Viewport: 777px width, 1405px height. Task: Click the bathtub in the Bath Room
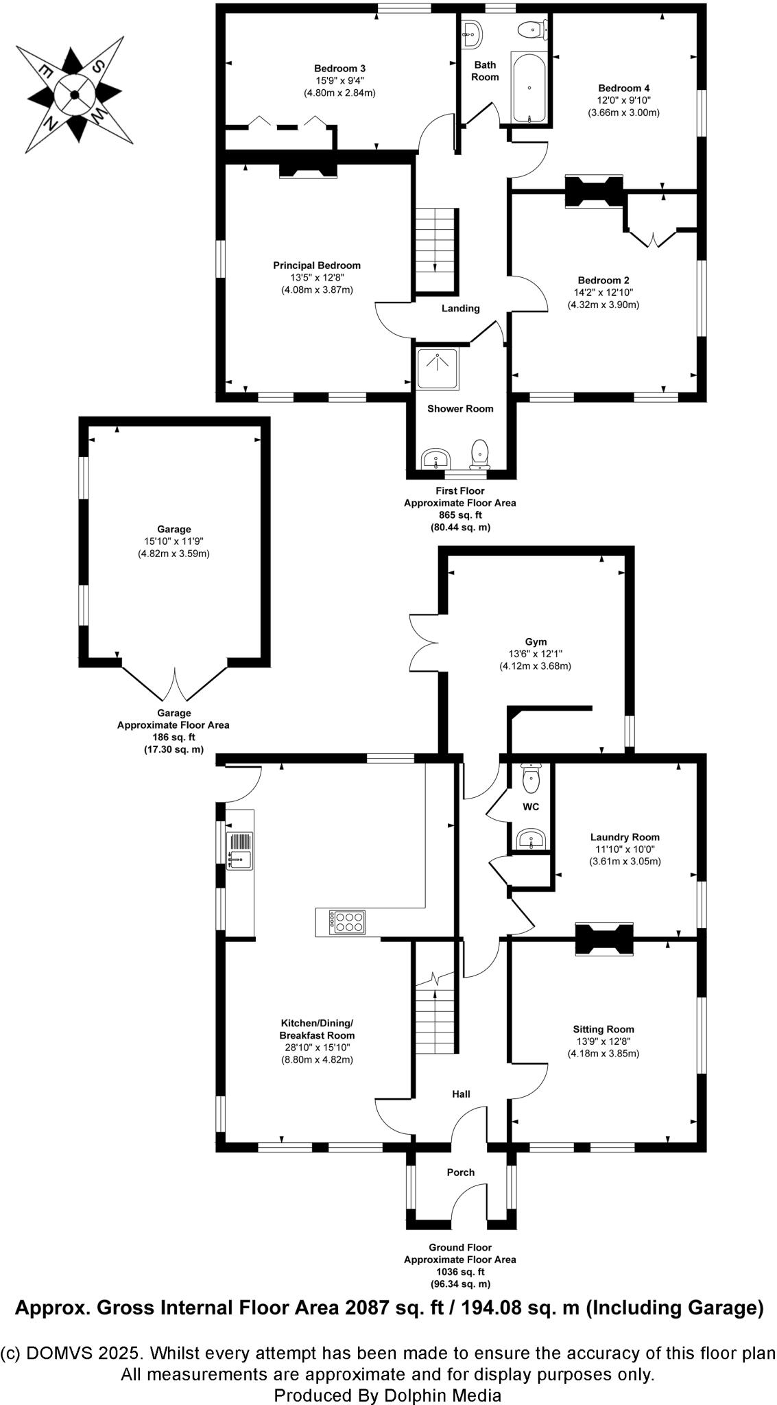pos(529,86)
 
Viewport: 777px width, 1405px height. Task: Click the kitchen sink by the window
pos(239,850)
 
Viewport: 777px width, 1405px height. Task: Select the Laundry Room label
pos(625,837)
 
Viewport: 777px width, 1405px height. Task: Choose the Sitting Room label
pos(603,1029)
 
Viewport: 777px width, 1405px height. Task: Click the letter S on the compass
pos(99,66)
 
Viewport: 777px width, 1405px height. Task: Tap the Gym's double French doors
pos(423,642)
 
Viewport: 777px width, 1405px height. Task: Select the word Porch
pos(460,1172)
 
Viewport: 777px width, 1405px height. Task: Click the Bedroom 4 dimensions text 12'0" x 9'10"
pos(623,100)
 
